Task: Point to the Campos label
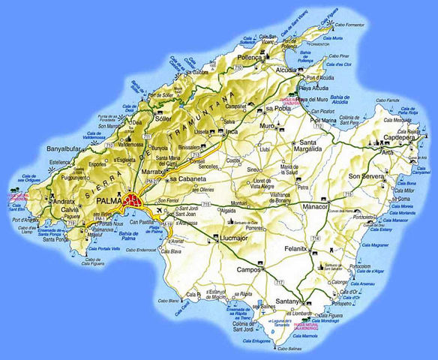tap(248, 268)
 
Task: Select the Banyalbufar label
tap(64, 149)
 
